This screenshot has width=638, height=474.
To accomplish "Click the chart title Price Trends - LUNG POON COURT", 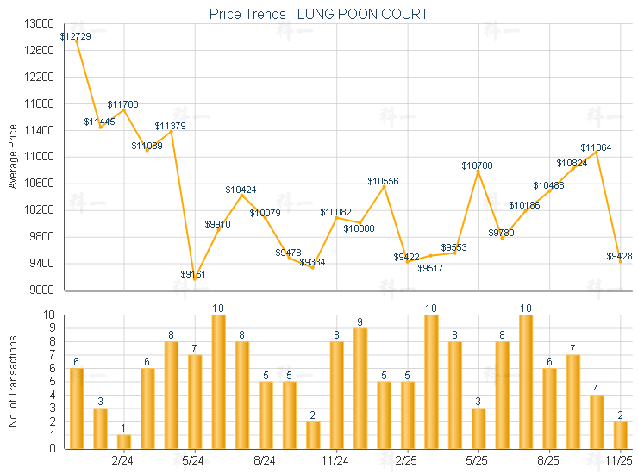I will click(319, 14).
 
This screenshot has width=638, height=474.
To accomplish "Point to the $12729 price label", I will click(76, 36).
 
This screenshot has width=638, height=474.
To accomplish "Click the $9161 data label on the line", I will click(194, 274).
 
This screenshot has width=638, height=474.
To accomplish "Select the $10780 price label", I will click(478, 165).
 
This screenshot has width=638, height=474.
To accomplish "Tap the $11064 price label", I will click(596, 147).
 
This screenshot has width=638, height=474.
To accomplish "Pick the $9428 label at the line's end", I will click(619, 256).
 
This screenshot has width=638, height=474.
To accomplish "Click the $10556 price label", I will click(383, 181).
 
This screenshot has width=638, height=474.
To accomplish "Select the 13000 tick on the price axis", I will click(41, 24).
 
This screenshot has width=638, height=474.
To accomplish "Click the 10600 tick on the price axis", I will click(41, 184).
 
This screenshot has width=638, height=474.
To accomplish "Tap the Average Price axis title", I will click(12, 157).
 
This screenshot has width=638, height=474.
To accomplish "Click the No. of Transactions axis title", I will click(12, 381).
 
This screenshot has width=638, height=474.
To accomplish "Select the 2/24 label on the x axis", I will click(123, 461).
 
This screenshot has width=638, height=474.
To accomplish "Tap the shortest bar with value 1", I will click(123, 441).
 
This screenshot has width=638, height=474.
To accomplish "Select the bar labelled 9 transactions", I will click(360, 388).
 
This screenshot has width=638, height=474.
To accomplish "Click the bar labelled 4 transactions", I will click(597, 421).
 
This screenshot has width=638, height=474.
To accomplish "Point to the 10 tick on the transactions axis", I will click(49, 315).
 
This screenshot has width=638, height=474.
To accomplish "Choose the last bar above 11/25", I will click(620, 434).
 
